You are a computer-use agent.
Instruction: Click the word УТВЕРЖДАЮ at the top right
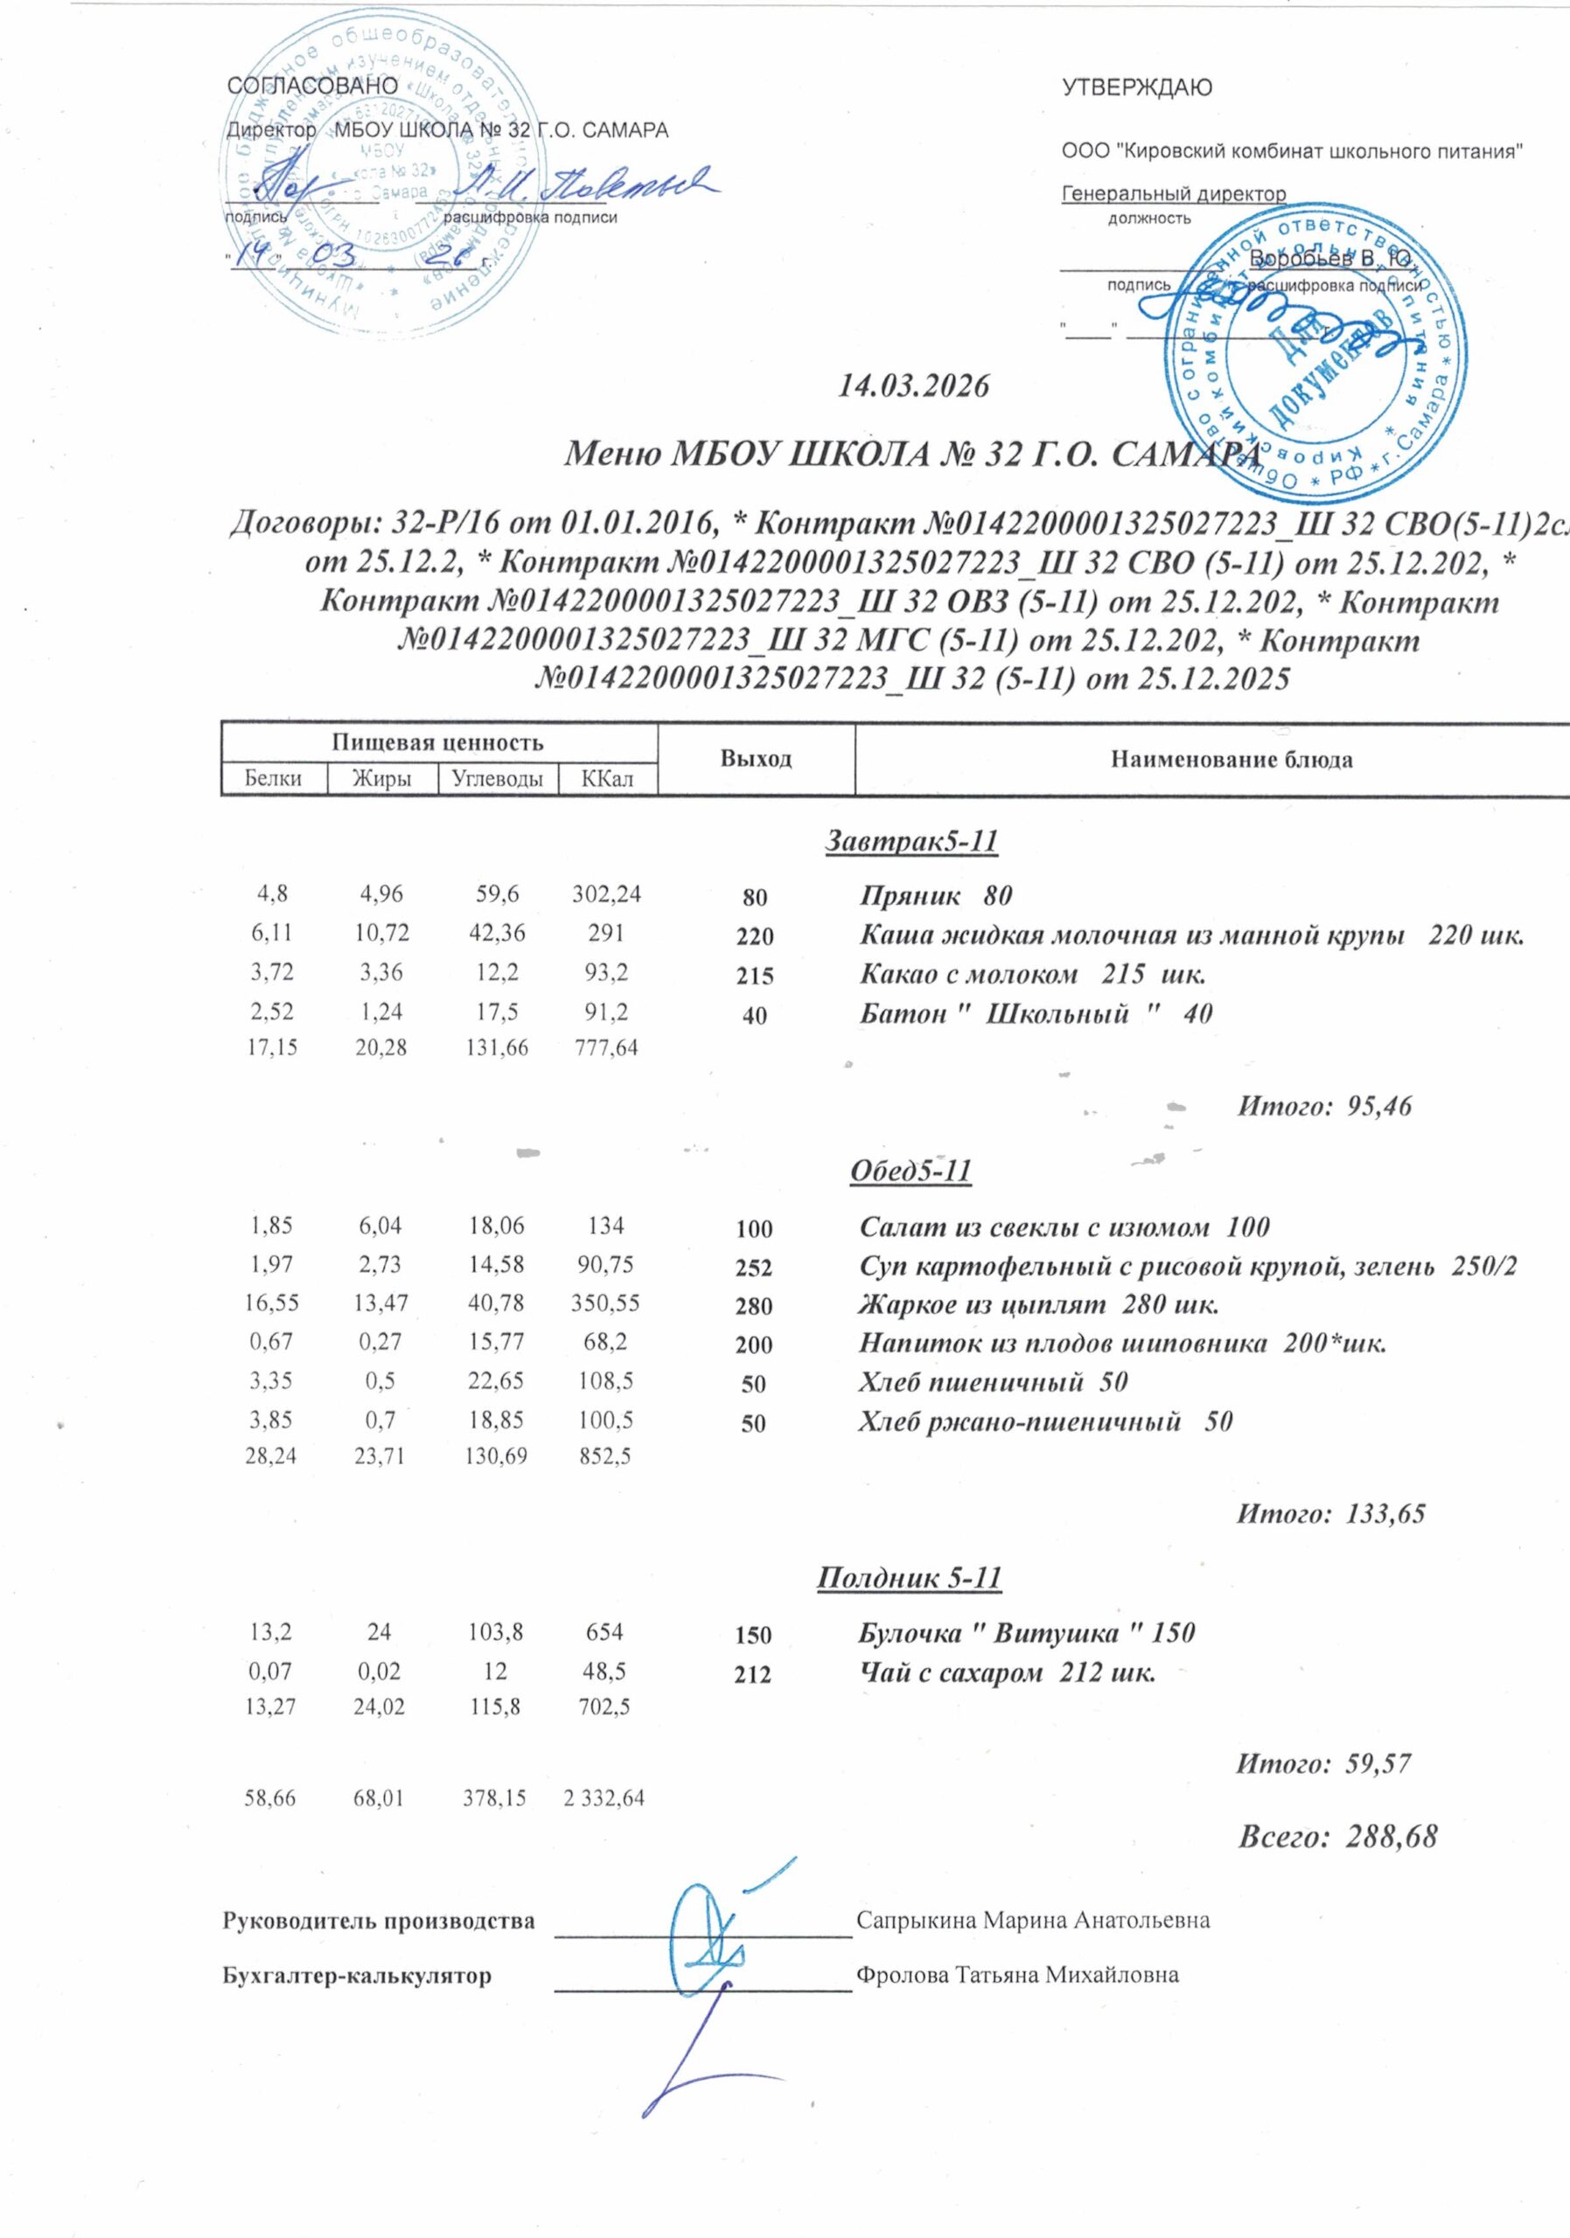(1136, 87)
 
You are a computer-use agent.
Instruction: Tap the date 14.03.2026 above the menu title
(914, 386)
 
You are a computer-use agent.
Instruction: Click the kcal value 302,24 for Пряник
(605, 893)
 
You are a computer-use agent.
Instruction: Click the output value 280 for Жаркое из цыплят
(755, 1306)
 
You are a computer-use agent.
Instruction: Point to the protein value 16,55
(274, 1303)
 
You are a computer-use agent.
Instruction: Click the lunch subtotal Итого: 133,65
(1331, 1514)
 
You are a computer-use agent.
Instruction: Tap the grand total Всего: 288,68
(1337, 1838)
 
